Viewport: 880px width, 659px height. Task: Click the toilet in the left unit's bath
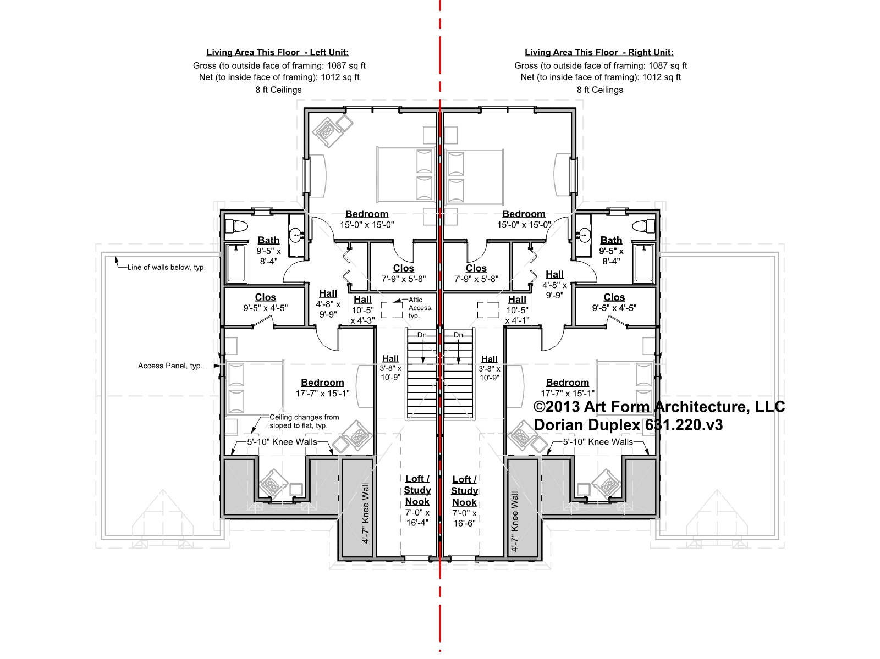pyautogui.click(x=236, y=226)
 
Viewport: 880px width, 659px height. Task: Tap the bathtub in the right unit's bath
pyautogui.click(x=644, y=263)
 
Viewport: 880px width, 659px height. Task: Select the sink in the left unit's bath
pyautogui.click(x=297, y=235)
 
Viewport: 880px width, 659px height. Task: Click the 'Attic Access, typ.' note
pyautogui.click(x=420, y=308)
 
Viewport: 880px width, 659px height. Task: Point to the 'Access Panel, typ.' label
pyautogui.click(x=170, y=366)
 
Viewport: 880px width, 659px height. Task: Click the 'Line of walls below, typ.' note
pyautogui.click(x=167, y=267)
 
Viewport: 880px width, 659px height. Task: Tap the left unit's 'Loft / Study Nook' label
pyautogui.click(x=417, y=490)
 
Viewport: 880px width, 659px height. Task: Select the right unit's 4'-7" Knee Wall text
pyautogui.click(x=515, y=522)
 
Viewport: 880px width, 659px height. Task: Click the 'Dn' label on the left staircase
pyautogui.click(x=422, y=335)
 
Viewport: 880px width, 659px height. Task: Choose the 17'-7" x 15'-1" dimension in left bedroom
pyautogui.click(x=322, y=394)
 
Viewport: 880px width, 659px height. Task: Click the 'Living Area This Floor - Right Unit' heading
pyautogui.click(x=599, y=52)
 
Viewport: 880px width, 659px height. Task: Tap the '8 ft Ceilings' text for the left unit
pyautogui.click(x=278, y=90)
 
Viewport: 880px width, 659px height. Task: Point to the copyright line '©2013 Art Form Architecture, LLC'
pyautogui.click(x=659, y=407)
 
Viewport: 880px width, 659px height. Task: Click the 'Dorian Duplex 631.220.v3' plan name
pyautogui.click(x=628, y=425)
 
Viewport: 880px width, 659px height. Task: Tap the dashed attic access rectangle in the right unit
pyautogui.click(x=488, y=310)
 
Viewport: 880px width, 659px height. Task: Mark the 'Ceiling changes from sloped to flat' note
pyautogui.click(x=304, y=421)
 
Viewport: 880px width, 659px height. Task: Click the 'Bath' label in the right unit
pyautogui.click(x=611, y=240)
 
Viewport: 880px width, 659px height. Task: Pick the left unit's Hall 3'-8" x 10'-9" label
pyautogui.click(x=391, y=368)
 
